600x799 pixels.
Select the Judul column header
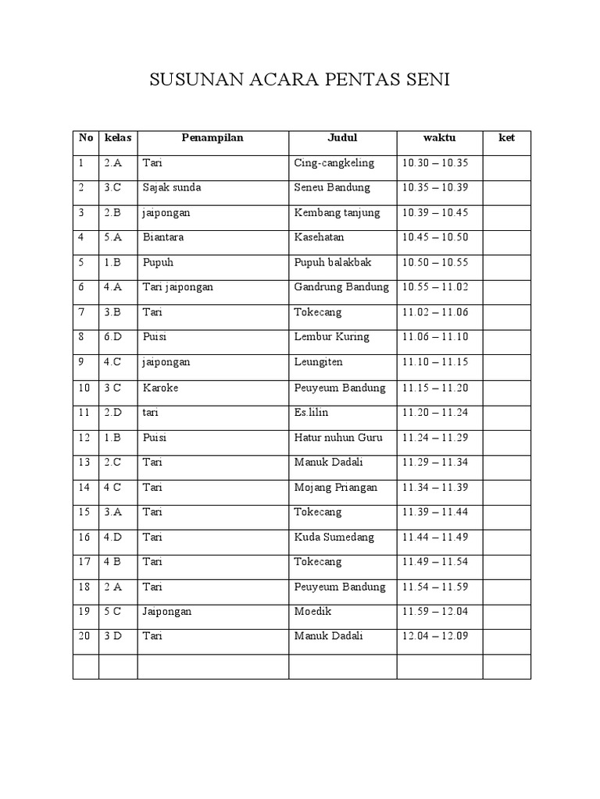342,138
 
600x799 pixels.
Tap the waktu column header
439,138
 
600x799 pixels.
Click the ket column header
506,138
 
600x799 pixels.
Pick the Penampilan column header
212,138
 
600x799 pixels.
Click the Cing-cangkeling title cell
334,163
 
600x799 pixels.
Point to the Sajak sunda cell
171,188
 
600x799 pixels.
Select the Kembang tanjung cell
337,213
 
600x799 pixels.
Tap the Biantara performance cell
163,237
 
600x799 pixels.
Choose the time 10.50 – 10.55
434,263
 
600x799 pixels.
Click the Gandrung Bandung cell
341,287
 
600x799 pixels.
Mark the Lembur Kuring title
331,337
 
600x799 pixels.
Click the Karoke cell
159,388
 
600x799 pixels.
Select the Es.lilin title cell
313,413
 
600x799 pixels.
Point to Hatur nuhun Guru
338,438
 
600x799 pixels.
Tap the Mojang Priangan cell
335,488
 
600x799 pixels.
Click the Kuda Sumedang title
334,538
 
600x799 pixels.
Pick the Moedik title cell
312,612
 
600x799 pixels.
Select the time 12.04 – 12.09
434,637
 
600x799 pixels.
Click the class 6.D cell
113,337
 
